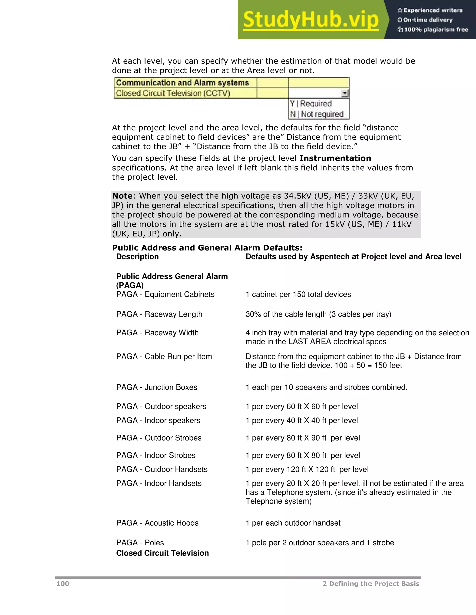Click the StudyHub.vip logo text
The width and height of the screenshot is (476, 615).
(x=311, y=20)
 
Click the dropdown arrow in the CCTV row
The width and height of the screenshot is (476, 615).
(x=345, y=94)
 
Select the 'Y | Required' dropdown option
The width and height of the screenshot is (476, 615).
(x=311, y=104)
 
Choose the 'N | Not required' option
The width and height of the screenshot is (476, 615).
(x=317, y=114)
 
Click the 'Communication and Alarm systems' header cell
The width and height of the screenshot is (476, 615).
(x=182, y=83)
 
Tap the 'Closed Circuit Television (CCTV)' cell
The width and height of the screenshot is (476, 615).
(x=173, y=93)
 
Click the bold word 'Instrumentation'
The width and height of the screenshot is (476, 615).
(x=335, y=158)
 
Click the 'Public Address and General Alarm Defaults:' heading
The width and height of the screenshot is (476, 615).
(x=207, y=248)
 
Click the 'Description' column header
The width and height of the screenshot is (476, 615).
(x=137, y=256)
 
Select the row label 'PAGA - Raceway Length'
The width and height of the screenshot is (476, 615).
(x=159, y=314)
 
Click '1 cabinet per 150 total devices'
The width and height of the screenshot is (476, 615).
(x=298, y=294)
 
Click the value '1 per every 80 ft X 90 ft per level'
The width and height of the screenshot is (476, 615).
(x=303, y=438)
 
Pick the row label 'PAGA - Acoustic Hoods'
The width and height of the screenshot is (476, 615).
(x=157, y=523)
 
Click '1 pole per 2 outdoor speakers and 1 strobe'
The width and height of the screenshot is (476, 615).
(x=320, y=543)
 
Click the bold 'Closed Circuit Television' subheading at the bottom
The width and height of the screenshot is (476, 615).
(x=162, y=553)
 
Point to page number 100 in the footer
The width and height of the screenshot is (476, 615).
(x=63, y=584)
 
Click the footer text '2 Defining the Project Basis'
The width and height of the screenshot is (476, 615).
(x=371, y=584)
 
